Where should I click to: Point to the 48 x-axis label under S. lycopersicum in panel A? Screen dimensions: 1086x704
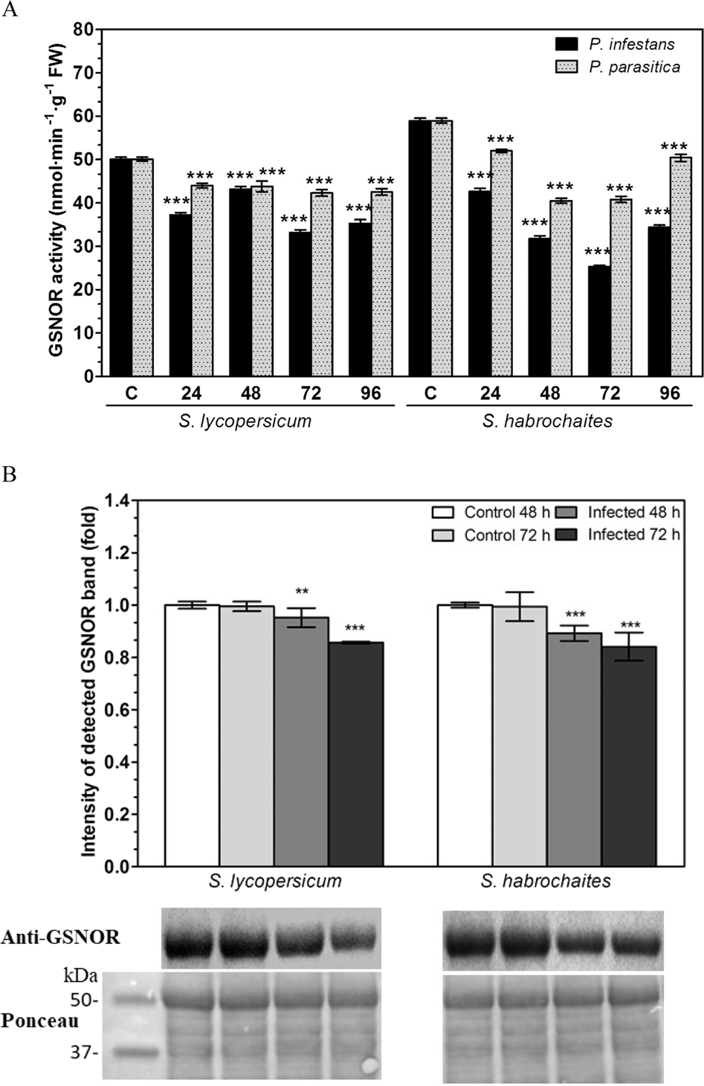click(x=251, y=393)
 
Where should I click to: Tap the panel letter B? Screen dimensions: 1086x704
click(x=8, y=473)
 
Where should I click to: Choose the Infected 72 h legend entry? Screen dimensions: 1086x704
click(x=633, y=534)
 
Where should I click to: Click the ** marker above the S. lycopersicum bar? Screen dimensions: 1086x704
click(x=302, y=592)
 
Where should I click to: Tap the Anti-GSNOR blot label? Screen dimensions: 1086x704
click(x=60, y=937)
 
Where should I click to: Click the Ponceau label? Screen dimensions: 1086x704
click(x=40, y=1020)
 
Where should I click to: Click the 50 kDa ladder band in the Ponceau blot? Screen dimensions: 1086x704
click(x=135, y=1000)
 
